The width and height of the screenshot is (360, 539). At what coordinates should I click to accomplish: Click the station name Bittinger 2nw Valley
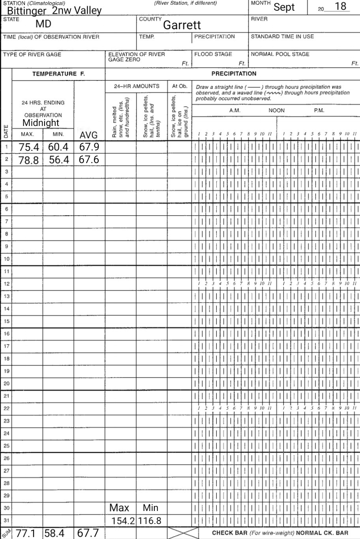coord(54,10)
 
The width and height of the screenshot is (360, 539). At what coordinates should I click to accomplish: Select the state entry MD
coord(43,24)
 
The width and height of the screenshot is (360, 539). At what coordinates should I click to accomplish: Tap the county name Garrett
coord(182,25)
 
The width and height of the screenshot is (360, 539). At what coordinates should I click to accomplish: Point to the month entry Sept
coord(284,7)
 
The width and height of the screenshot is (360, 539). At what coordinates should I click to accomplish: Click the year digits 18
coord(340,7)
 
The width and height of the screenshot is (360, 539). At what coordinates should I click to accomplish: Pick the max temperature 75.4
coord(28,147)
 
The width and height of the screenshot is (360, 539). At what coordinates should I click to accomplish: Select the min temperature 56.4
coord(58,160)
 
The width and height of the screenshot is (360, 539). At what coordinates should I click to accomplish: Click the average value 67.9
coord(88,147)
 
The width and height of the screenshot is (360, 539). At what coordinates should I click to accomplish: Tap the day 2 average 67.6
coord(88,160)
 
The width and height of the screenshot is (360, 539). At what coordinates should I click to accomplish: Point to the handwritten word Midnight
coord(41,123)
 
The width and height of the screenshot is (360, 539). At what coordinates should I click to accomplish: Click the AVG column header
coord(88,135)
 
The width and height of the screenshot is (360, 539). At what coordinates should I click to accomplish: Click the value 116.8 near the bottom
coord(150,521)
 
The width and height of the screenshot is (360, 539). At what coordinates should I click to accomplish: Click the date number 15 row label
coord(6,321)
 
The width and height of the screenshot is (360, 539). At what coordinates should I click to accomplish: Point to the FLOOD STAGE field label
coord(213,54)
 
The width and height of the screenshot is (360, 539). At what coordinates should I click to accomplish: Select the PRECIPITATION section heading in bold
coord(234,73)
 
